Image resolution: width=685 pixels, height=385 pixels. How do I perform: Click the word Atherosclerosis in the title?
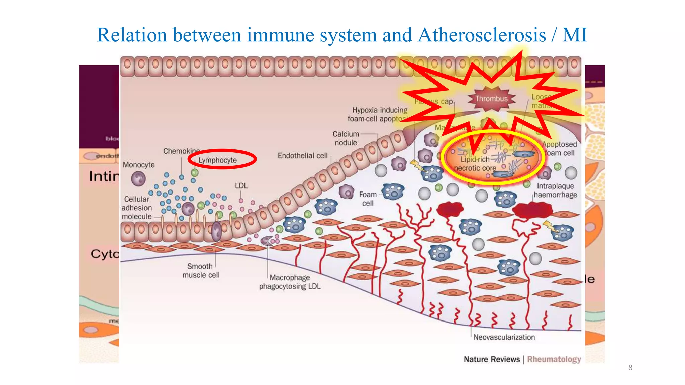482,35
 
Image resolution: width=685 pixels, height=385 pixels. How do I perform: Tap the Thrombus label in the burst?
491,99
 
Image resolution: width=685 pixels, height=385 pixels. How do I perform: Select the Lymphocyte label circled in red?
218,160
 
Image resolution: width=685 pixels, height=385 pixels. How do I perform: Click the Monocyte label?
138,165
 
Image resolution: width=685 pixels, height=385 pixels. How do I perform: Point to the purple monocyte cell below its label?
138,179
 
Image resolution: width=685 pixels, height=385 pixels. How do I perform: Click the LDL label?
241,186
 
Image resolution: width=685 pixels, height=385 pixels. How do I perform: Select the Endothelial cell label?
302,156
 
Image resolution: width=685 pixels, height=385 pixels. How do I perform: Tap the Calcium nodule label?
346,138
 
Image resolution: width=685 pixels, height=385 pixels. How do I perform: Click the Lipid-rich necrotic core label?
475,164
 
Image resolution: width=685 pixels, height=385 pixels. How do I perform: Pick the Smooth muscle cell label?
201,271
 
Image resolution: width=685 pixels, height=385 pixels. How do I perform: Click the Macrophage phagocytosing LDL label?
290,282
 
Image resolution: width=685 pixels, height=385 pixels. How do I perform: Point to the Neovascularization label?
504,337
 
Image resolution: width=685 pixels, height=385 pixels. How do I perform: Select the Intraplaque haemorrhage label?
555,190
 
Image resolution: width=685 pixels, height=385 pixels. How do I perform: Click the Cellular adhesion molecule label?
136,208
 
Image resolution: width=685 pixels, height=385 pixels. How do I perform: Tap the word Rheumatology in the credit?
554,359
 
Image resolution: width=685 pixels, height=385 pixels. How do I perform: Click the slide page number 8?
630,368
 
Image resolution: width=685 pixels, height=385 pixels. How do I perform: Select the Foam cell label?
368,199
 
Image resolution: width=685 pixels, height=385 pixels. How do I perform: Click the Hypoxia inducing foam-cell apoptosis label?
378,114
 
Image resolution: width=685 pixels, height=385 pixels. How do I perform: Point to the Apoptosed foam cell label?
560,149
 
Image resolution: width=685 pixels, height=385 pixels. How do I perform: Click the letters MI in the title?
575,35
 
